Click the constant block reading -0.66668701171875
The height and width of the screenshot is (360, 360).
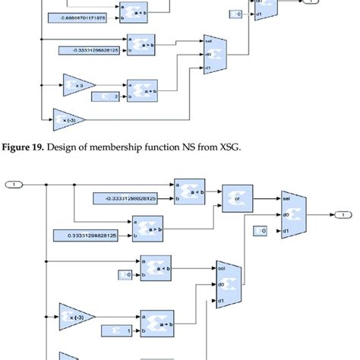(x=77, y=16)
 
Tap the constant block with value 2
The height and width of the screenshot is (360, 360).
(x=105, y=96)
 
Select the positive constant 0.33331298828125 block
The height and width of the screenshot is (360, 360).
(x=86, y=236)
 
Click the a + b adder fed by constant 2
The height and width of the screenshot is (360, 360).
(x=142, y=90)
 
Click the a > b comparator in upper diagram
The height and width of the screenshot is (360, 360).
(x=142, y=44)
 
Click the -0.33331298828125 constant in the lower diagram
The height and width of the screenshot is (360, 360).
(x=125, y=198)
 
